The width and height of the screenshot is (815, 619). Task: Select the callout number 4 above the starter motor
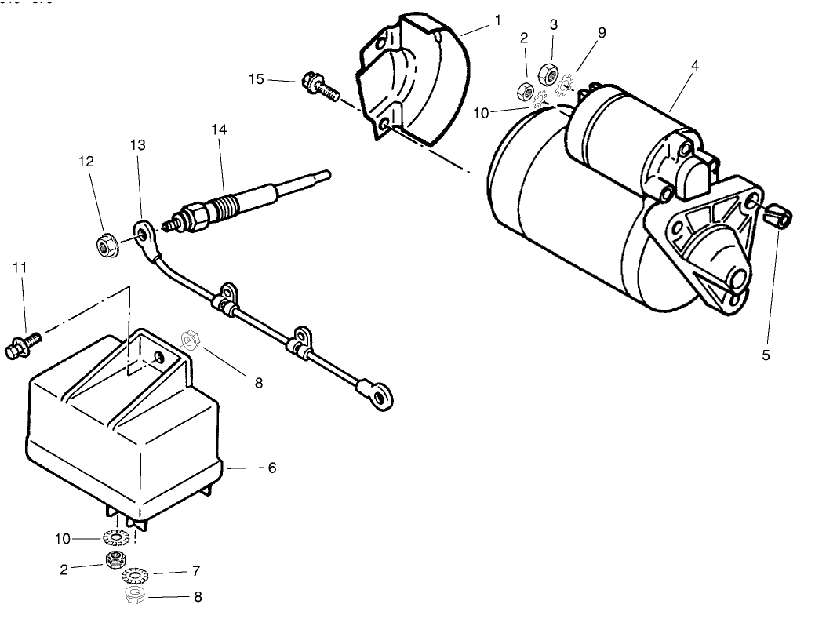coord(694,67)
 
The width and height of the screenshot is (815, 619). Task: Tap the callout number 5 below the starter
coord(766,355)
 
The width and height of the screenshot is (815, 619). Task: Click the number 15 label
coord(257,78)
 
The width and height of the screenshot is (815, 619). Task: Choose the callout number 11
coord(20,268)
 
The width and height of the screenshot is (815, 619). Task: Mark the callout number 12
coord(86,162)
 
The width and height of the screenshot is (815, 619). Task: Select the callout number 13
coord(138,145)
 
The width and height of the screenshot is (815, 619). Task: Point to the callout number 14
coord(218,129)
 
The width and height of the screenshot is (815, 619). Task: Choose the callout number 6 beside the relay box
coord(272,468)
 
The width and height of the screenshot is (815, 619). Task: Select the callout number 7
coord(196,571)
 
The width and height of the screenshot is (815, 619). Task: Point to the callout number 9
coord(602,33)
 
